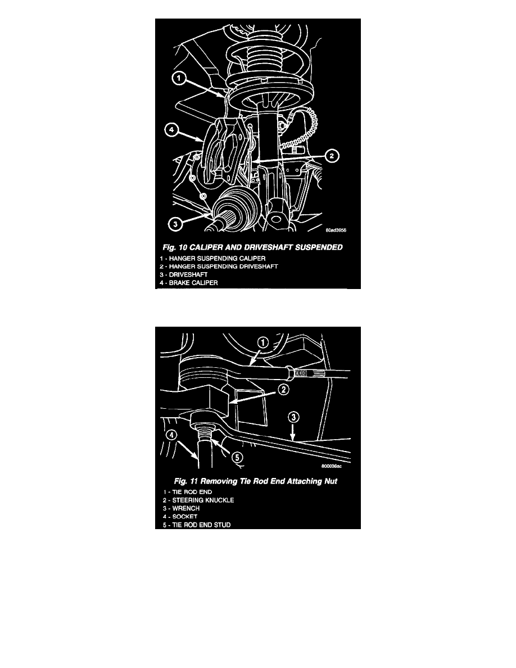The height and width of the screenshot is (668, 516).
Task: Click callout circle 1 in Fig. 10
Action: pos(179,78)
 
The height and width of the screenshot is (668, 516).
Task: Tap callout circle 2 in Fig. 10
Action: pos(332,156)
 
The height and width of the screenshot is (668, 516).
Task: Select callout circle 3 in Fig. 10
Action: pos(175,223)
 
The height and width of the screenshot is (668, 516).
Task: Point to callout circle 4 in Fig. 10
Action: pos(171,130)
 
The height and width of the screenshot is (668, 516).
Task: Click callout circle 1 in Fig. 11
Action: pos(263,342)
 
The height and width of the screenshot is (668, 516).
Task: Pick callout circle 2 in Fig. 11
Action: pos(283,389)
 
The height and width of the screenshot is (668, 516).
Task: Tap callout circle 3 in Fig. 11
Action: pos(293,417)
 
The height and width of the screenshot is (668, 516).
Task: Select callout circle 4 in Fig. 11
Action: pos(171,435)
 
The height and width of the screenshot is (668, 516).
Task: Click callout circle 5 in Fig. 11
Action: pos(237,458)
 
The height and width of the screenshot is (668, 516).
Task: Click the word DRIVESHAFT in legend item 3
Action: pos(188,275)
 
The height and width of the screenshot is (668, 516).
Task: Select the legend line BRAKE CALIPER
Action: pos(189,283)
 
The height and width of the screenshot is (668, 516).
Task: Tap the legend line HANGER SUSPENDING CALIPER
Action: pos(212,259)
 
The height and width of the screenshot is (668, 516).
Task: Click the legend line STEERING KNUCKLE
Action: pos(198,500)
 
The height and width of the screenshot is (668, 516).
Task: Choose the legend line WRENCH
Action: pos(181,508)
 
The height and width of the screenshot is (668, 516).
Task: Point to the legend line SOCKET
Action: pos(180,516)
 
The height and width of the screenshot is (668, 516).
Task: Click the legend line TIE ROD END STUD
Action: pos(197,525)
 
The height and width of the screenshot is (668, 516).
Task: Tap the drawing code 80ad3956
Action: pos(336,231)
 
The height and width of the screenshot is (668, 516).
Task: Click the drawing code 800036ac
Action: pos(331,466)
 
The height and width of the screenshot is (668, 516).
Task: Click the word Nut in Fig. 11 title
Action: pos(331,481)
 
